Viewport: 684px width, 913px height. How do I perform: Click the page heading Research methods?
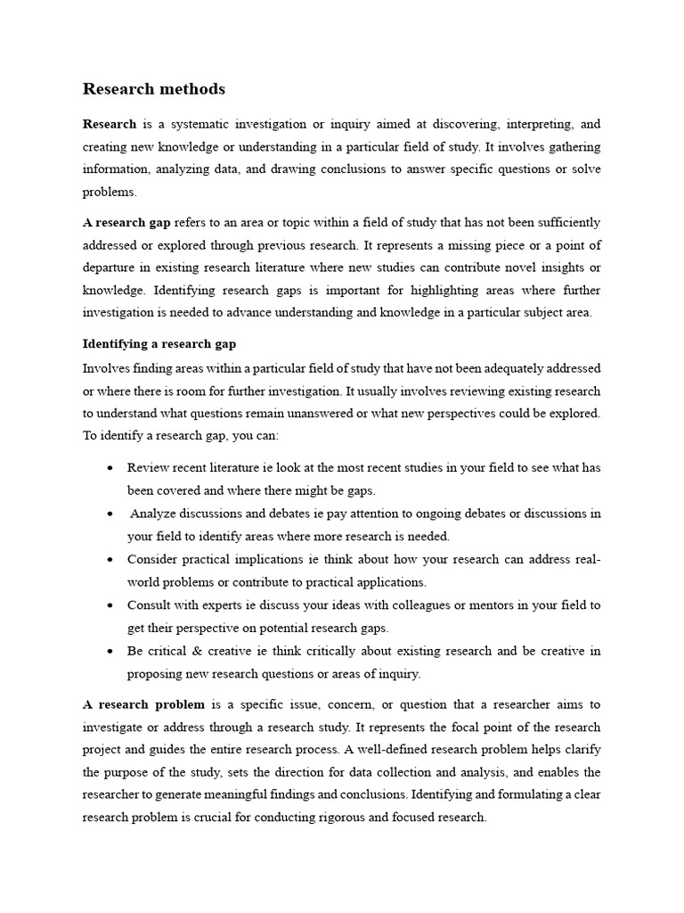pos(154,89)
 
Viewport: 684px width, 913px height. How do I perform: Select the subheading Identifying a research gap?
pos(159,343)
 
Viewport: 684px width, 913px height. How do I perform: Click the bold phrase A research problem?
pos(143,703)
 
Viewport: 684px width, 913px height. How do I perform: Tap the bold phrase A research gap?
pos(126,222)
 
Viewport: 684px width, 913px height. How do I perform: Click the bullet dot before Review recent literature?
pos(109,468)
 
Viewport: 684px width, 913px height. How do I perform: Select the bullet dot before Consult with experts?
pos(109,605)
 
